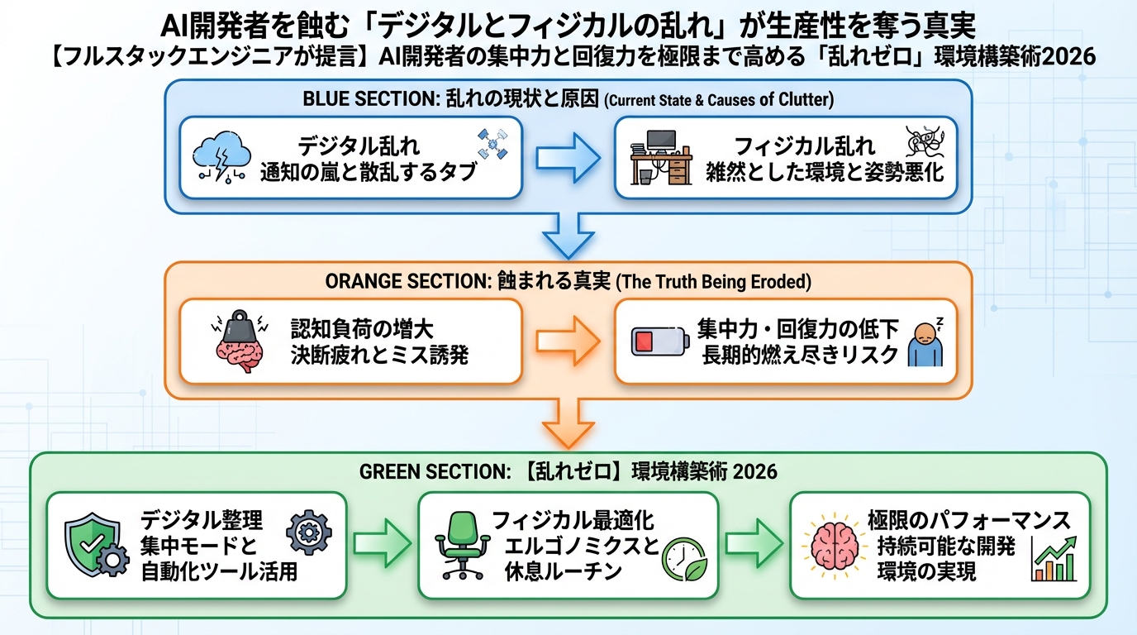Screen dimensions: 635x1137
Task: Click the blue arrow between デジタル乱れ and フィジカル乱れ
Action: (x=568, y=157)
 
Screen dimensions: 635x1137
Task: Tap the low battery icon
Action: (x=659, y=341)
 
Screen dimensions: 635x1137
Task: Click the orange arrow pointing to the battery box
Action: (x=568, y=341)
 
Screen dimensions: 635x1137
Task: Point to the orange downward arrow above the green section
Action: (x=568, y=422)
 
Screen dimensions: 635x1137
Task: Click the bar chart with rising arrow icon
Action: (x=1054, y=559)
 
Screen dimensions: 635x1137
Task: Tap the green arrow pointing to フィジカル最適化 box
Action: (x=382, y=544)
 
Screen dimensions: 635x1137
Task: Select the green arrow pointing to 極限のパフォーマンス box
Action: (x=754, y=544)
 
